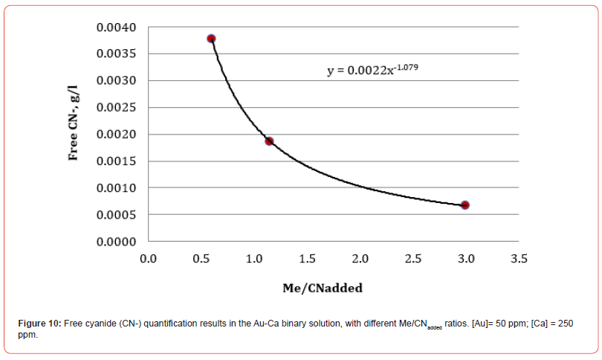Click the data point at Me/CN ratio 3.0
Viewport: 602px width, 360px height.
click(465, 205)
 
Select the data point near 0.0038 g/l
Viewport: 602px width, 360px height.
click(211, 39)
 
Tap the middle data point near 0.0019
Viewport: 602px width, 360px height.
click(269, 141)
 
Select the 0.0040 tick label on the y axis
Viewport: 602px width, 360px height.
click(116, 28)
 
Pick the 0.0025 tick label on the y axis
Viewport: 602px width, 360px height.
click(116, 108)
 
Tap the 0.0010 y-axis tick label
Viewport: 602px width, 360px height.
click(116, 188)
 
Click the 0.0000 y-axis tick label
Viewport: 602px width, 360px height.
click(116, 242)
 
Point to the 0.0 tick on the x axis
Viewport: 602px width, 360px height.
click(148, 259)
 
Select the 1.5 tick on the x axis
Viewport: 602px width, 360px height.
click(307, 259)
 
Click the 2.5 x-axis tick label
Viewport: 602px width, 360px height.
click(413, 259)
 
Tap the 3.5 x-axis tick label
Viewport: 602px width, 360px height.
click(519, 259)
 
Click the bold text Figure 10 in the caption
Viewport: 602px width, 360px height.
click(39, 324)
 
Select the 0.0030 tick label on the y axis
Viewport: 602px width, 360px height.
click(116, 81)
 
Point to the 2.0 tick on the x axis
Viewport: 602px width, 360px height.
click(360, 259)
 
